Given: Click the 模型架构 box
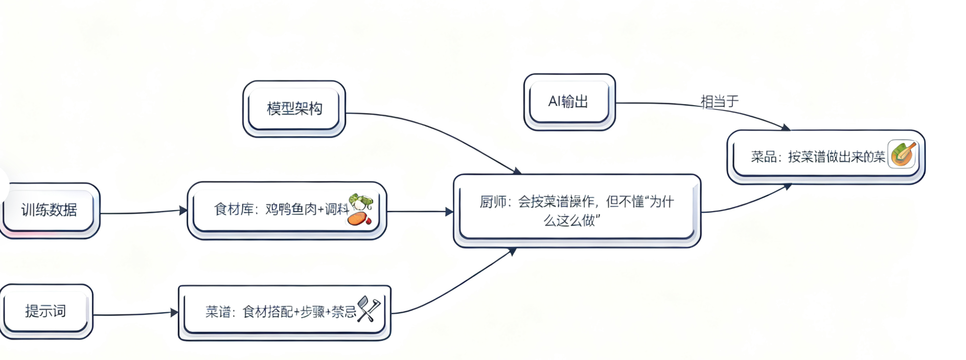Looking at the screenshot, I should click(294, 108).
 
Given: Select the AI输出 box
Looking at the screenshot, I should click(569, 102).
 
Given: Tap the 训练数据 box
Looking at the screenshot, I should click(49, 210).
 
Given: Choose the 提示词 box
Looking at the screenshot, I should click(46, 311).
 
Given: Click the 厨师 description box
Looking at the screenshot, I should click(577, 211).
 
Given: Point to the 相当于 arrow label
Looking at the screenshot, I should click(719, 101).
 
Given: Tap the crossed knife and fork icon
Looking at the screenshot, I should click(369, 309).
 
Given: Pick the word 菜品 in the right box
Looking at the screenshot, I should click(764, 156).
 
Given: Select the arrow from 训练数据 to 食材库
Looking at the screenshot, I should click(143, 212).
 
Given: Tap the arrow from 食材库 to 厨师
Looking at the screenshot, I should click(419, 211).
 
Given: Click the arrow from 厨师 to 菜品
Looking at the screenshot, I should click(746, 202).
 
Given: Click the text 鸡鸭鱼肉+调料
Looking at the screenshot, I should click(307, 209).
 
